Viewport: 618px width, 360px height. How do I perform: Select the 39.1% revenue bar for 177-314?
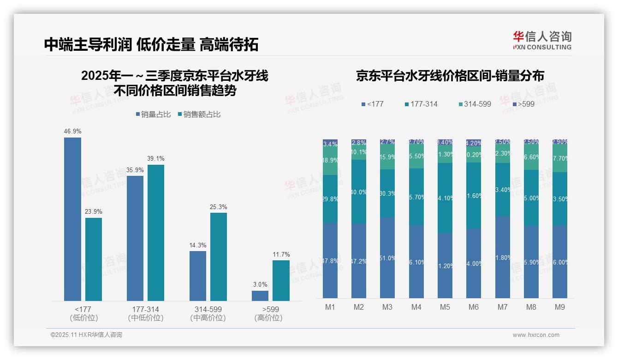[x=156, y=233]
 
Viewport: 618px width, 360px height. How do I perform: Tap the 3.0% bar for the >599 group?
[x=260, y=296]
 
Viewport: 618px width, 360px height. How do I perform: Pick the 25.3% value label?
[x=219, y=207]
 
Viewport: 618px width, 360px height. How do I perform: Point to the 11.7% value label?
[x=281, y=254]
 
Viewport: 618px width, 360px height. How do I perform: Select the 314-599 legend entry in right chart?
[x=475, y=104]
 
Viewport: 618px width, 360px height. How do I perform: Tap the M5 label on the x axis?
[x=445, y=307]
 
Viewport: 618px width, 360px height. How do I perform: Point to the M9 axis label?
[x=559, y=307]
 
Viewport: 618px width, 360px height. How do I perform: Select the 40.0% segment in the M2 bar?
[x=359, y=192]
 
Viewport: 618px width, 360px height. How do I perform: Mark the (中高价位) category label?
[x=208, y=318]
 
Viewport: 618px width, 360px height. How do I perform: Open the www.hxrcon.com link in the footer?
[x=536, y=335]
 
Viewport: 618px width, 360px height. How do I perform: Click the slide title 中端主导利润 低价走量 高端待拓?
[x=151, y=44]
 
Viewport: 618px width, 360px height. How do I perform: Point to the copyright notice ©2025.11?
[x=86, y=335]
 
